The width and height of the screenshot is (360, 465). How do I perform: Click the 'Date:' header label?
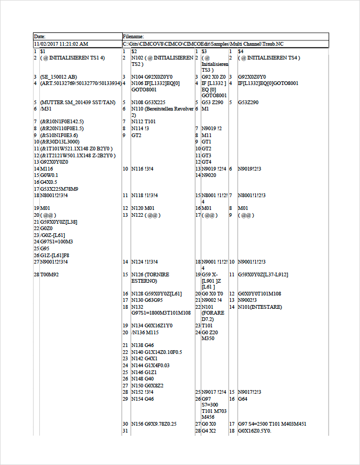(39, 36)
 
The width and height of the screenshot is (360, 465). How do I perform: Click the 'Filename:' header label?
(133, 36)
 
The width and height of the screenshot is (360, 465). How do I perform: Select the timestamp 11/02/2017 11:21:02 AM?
(61, 44)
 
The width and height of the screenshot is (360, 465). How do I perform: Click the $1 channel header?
(43, 51)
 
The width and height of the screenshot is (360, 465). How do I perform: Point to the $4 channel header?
(241, 51)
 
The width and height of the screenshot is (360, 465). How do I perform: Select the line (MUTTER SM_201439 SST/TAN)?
(78, 103)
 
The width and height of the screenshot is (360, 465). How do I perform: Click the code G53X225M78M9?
(59, 189)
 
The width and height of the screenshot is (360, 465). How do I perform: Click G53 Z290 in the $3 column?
(212, 103)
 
